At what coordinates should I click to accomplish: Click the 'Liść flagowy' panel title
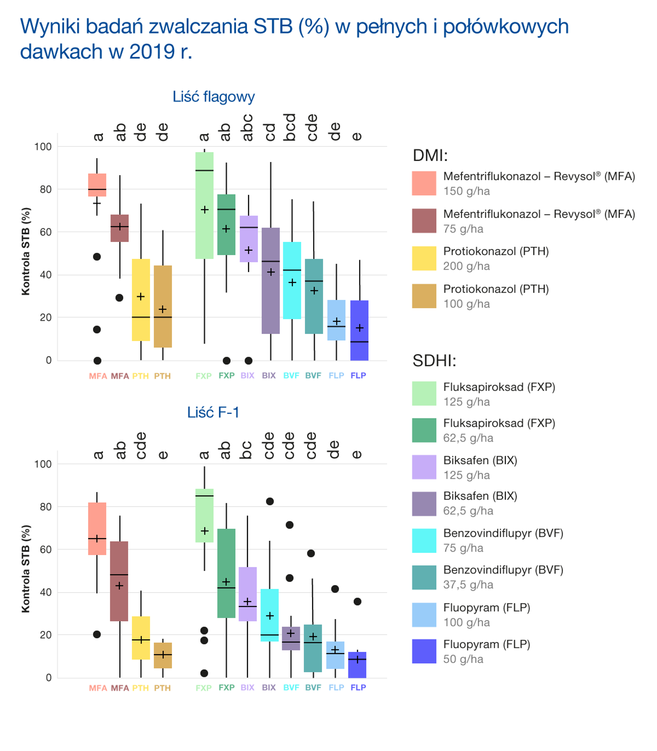(214, 97)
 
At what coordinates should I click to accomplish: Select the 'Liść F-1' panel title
(213, 412)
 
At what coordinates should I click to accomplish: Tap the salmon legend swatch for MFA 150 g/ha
(424, 183)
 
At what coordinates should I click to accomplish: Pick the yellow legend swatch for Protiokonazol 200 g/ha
(424, 258)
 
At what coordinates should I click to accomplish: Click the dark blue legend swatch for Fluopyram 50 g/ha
(424, 651)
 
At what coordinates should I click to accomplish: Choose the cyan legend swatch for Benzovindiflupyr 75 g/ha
(424, 541)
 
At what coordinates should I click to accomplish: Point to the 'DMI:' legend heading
(430, 155)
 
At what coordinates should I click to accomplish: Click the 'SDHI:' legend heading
(434, 361)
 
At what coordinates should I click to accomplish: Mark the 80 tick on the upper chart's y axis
(45, 189)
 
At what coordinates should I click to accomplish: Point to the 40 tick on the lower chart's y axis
(45, 592)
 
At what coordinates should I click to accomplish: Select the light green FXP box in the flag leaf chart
(204, 205)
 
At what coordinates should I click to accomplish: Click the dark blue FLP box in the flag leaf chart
(359, 330)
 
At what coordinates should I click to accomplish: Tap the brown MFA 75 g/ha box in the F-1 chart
(119, 581)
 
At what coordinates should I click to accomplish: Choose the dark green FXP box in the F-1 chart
(226, 573)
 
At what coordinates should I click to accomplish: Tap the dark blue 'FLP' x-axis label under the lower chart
(358, 688)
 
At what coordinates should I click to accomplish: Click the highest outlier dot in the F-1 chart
(270, 501)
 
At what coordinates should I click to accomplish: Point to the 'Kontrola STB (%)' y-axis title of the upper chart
(25, 252)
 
